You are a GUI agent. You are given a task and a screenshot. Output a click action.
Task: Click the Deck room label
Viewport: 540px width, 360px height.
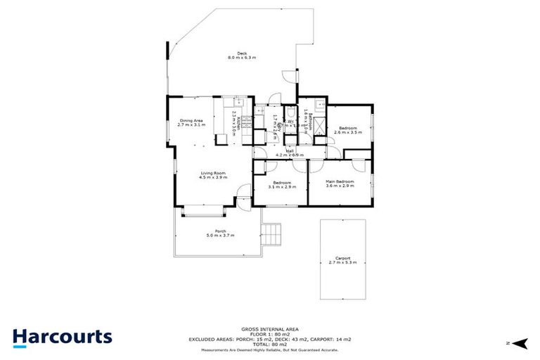point(242,55)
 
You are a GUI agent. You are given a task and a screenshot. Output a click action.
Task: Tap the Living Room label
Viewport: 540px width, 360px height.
point(212,174)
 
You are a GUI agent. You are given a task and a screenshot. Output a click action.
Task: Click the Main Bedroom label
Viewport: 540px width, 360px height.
point(340,184)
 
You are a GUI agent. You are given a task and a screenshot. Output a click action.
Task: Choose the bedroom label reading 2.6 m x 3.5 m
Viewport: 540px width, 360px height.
point(347,130)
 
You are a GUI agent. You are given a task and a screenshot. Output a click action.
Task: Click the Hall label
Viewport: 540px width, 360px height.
point(289,152)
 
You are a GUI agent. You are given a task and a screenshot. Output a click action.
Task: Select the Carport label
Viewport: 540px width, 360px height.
point(342,259)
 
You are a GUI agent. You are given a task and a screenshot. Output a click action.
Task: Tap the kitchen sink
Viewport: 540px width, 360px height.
point(239,102)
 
